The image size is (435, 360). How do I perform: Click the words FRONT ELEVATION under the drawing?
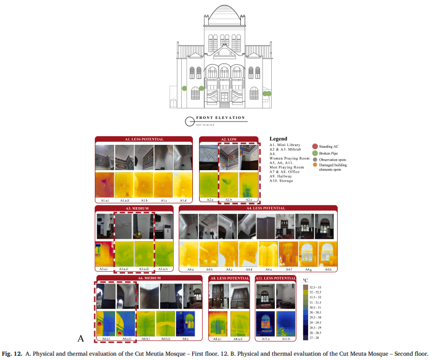point(221,118)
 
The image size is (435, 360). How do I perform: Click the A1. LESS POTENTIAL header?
point(145,139)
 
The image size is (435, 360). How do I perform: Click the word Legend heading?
point(278,139)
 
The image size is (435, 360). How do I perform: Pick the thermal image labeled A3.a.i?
point(104,255)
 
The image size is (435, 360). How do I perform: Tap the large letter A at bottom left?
point(80,338)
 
